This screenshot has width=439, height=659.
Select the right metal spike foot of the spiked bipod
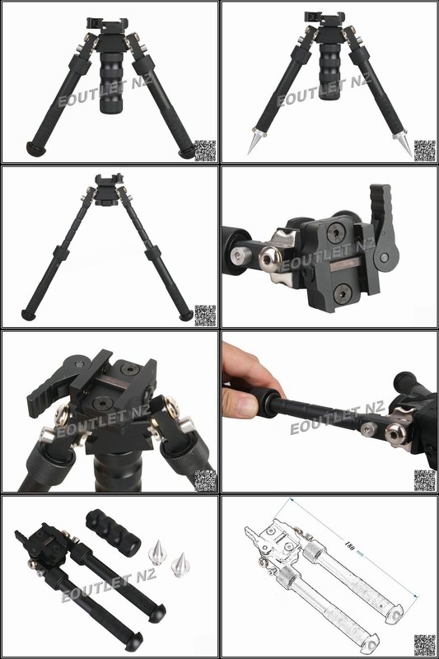pos(405,147)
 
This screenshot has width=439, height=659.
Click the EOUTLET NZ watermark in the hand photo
pos(338,418)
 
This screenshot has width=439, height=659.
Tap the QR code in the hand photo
pos(424,479)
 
